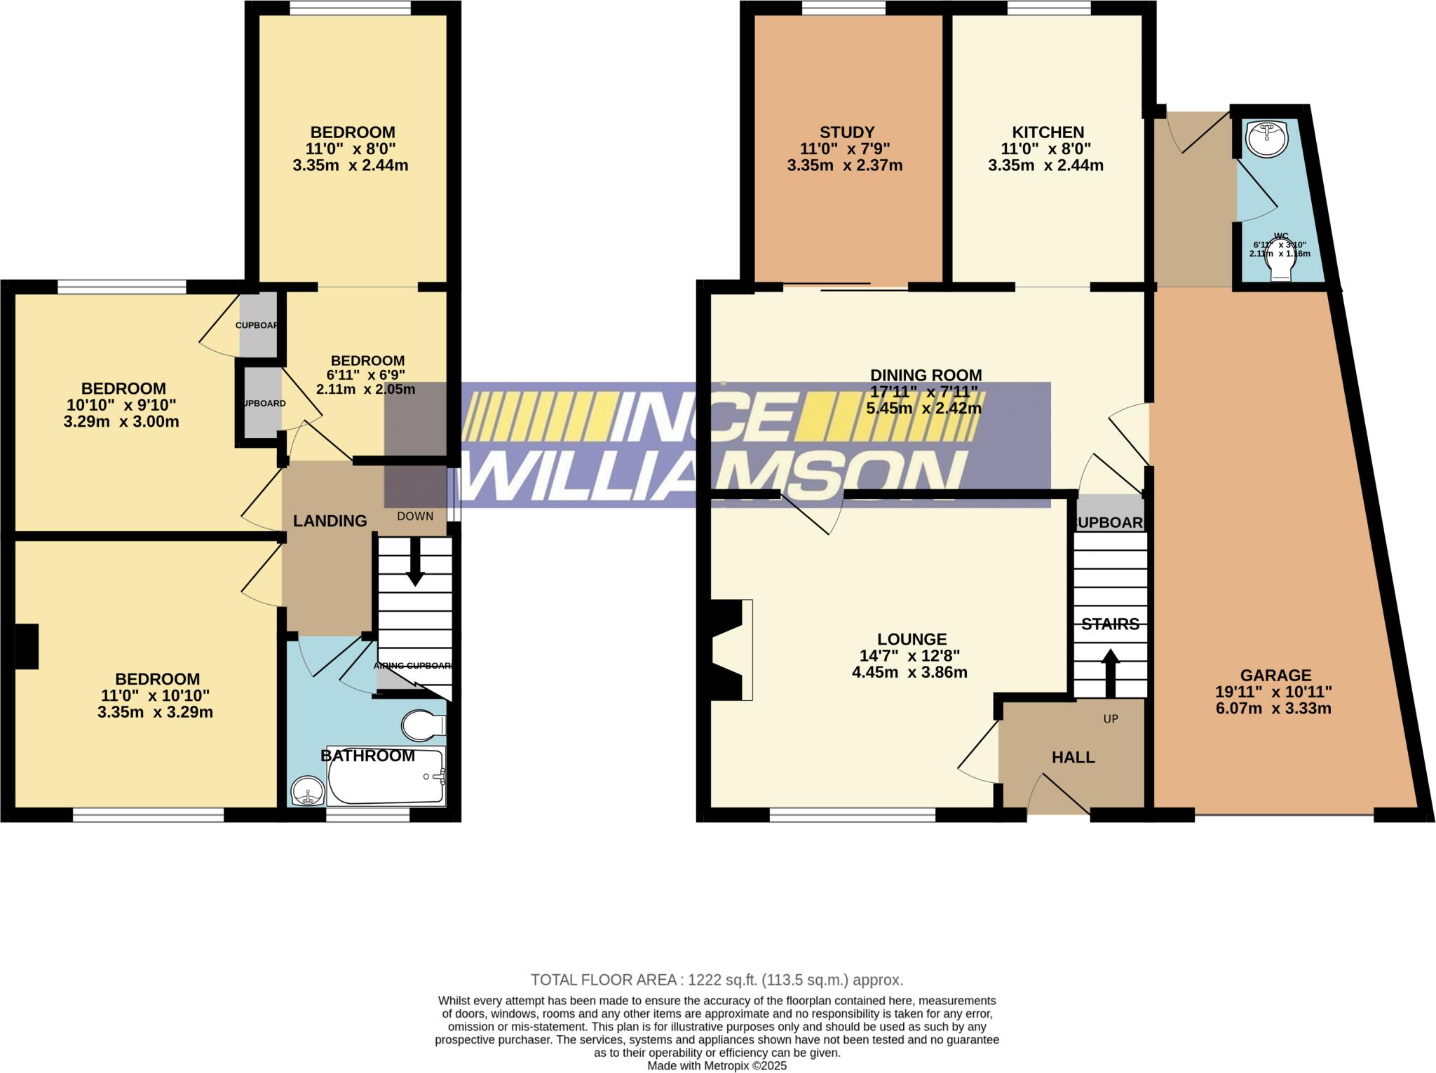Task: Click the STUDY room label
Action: tap(847, 132)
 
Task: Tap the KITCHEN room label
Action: tap(1048, 132)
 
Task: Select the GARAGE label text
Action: tap(1275, 676)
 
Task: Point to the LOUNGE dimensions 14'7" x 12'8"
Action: tap(909, 656)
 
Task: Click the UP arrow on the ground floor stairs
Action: tap(1110, 673)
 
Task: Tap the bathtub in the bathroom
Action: tap(386, 777)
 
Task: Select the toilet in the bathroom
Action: tap(422, 725)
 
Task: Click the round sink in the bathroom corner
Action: tap(307, 792)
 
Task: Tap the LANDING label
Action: tap(330, 521)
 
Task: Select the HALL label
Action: tap(1073, 757)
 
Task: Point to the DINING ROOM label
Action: tap(926, 375)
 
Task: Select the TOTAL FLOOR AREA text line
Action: tap(717, 980)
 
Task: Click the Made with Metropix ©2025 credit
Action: tap(717, 1066)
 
